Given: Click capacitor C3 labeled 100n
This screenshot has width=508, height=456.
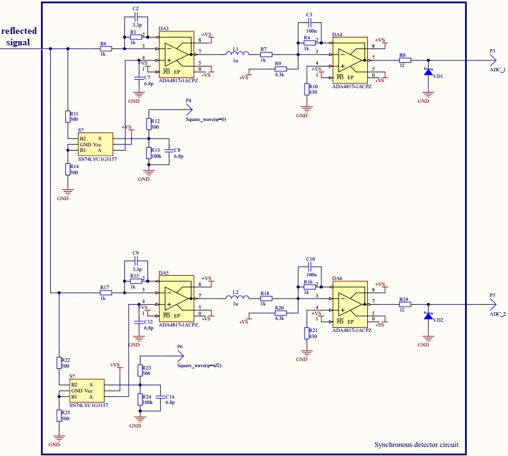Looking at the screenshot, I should coord(309,24).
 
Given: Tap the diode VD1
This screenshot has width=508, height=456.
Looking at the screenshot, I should coord(428,71).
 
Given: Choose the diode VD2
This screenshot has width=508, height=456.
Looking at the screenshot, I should coord(428,315).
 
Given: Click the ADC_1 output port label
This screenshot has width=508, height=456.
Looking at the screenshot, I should coord(497,70).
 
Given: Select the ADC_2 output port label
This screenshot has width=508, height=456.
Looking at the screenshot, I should coord(497,314).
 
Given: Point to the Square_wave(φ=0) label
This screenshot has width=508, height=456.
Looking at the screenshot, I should coord(205,120).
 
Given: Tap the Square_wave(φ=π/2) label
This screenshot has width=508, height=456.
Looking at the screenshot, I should coord(195,366).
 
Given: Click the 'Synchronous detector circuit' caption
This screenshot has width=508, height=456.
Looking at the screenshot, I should coord(416,445).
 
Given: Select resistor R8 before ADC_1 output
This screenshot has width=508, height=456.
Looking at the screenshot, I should coord(405,60).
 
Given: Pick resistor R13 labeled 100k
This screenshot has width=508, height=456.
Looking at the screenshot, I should coord(149,152).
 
